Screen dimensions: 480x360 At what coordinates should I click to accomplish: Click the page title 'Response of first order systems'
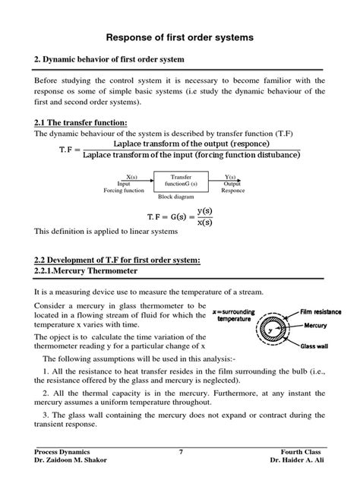click(180, 36)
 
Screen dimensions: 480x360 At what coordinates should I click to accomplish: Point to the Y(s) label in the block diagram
click(232, 176)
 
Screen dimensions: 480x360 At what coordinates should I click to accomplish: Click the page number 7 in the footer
click(181, 452)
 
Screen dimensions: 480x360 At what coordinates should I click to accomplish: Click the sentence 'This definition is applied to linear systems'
click(109, 231)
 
